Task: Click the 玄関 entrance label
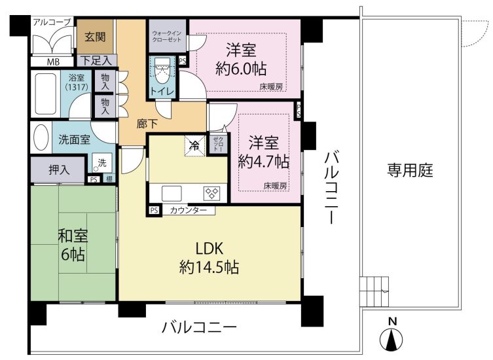point(95,37)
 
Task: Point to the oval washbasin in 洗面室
point(41,137)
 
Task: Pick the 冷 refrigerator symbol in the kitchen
point(195,145)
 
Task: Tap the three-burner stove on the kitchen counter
point(211,193)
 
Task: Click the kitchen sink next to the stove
point(172,193)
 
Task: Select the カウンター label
point(188,210)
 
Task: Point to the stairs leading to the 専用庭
point(374,291)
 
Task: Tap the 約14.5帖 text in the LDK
point(209,267)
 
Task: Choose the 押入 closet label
point(59,170)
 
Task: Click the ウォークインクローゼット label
point(167,36)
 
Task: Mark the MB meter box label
point(53,62)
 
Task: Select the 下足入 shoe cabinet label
point(96,60)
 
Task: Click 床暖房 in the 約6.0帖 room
point(271,86)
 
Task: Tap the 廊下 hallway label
point(147,124)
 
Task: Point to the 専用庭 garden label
point(410,170)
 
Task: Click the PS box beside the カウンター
point(154,210)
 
